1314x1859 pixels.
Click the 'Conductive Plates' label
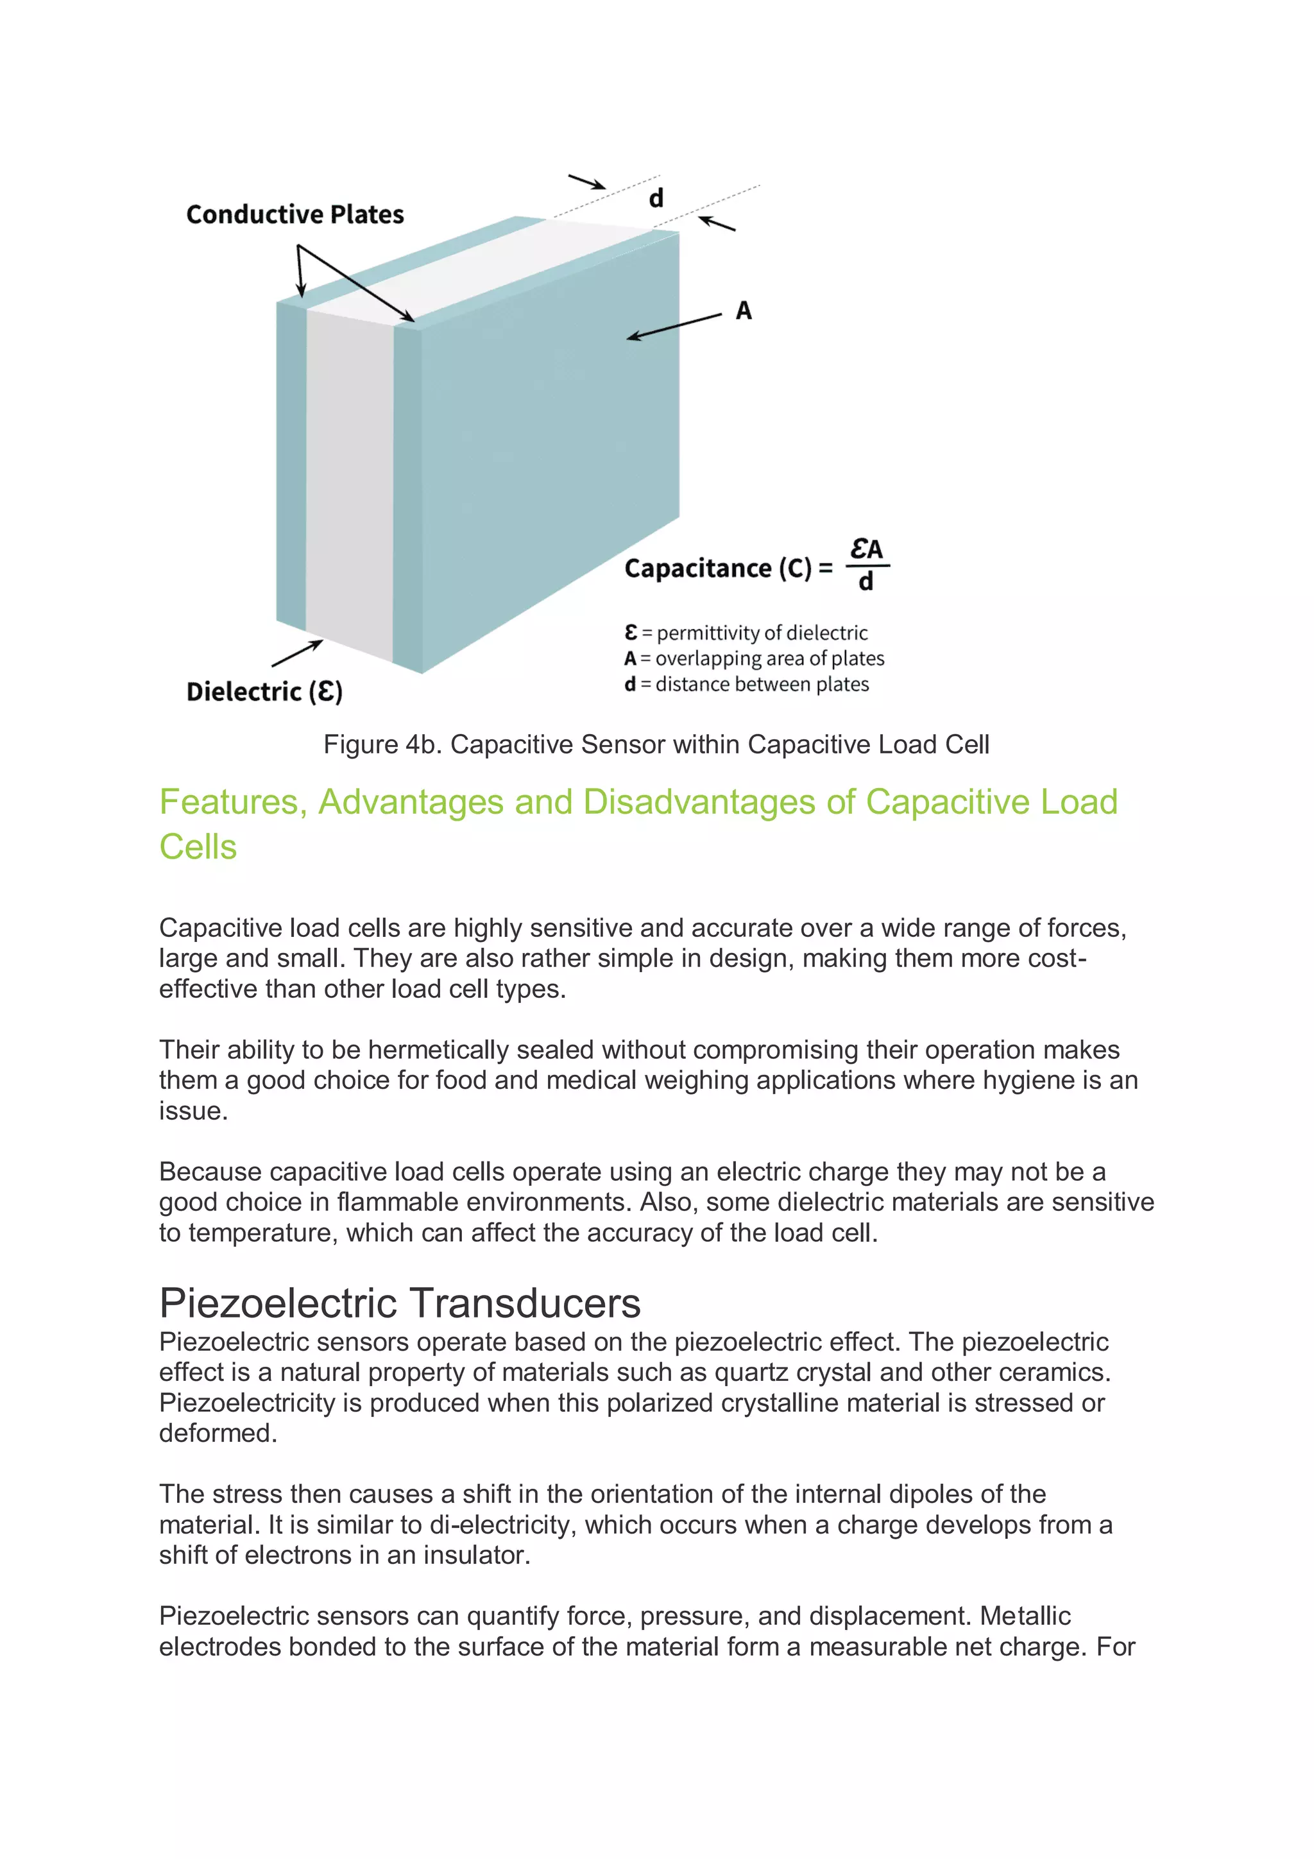tap(294, 214)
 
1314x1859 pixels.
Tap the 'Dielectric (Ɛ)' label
tap(264, 692)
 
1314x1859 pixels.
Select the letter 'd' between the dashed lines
tap(656, 198)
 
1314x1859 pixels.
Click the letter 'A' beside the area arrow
tap(743, 311)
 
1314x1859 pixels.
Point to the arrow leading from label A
tap(674, 326)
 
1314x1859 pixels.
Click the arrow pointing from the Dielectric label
tap(297, 653)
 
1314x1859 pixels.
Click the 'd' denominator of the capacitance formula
tap(866, 582)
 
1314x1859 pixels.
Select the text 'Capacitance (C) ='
tap(728, 569)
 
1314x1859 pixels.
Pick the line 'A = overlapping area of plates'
tap(754, 658)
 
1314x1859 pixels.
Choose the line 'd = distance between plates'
tap(746, 684)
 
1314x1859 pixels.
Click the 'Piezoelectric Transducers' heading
tap(400, 1303)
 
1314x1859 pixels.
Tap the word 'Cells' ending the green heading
tap(198, 847)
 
